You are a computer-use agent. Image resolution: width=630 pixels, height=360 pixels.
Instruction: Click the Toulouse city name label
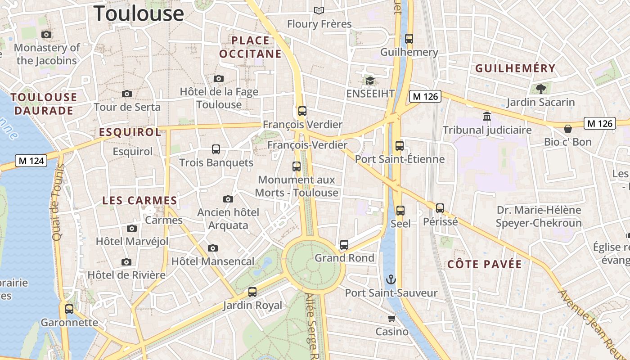[x=139, y=13]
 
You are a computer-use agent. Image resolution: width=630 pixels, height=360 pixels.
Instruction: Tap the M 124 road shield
[x=31, y=161]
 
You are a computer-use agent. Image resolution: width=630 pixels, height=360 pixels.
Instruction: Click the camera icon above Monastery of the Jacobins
[x=46, y=34]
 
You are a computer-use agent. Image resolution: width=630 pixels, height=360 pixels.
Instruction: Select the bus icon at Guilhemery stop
[x=409, y=39]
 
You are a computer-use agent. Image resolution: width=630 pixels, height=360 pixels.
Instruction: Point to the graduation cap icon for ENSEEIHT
[x=370, y=81]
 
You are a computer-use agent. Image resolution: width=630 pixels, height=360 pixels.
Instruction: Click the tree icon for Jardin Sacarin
[x=540, y=89]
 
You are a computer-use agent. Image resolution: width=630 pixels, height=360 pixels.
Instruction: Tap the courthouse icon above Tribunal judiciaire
[x=487, y=117]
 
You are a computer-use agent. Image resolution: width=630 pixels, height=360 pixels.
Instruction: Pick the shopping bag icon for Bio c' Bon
[x=568, y=129]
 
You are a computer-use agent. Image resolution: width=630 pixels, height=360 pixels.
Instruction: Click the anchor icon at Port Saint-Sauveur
[x=391, y=279]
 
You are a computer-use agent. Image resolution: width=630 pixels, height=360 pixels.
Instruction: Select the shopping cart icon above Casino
[x=391, y=319]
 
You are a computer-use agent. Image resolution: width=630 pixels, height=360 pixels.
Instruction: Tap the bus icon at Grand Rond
[x=344, y=245]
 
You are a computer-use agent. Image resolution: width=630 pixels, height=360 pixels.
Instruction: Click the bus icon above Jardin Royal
[x=252, y=292]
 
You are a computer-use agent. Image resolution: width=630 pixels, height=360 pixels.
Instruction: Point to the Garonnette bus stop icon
[x=69, y=309]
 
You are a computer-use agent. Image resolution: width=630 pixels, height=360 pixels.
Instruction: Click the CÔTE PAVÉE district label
[x=485, y=264]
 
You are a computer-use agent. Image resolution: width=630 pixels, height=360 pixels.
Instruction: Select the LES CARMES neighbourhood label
[x=139, y=201]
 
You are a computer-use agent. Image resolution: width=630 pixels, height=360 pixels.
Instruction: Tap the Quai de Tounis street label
[x=58, y=202]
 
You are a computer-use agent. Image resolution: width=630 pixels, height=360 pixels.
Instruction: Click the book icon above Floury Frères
[x=319, y=10]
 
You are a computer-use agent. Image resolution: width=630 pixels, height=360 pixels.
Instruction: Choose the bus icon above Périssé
[x=440, y=208]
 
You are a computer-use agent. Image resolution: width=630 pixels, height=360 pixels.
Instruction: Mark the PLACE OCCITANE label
[x=250, y=47]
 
